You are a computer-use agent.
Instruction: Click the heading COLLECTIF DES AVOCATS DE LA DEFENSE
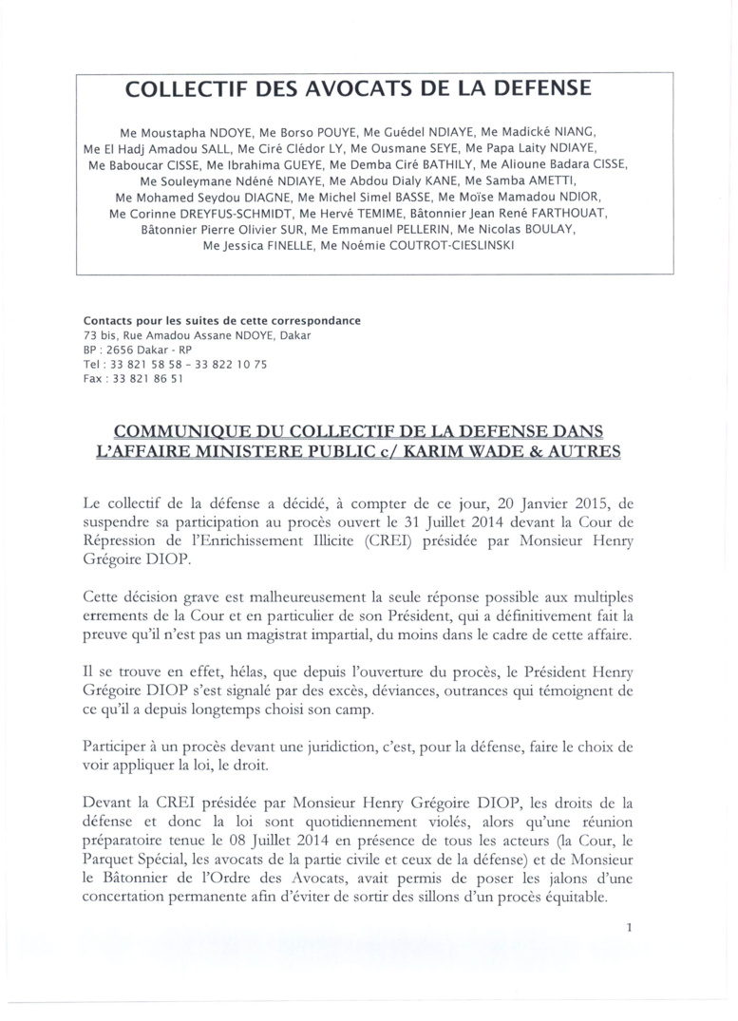pyautogui.click(x=359, y=90)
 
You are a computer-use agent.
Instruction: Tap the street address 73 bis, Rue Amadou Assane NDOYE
pyautogui.click(x=197, y=335)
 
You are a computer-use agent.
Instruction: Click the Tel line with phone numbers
pyautogui.click(x=176, y=364)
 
